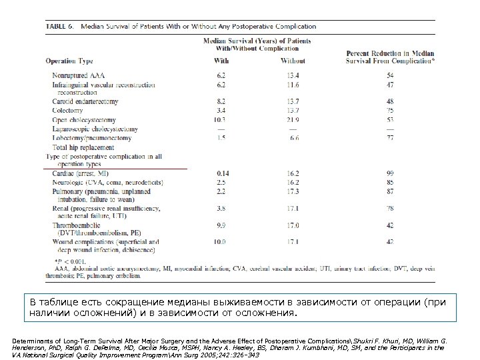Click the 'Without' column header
(293, 61)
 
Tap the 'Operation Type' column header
(69, 61)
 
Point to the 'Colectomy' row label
(68, 110)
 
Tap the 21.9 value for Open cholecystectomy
(293, 119)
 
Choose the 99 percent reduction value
(390, 173)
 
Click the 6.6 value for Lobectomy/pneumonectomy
(294, 137)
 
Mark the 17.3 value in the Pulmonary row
(293, 191)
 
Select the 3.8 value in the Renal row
(222, 208)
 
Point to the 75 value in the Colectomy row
(390, 110)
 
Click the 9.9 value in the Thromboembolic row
(222, 225)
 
